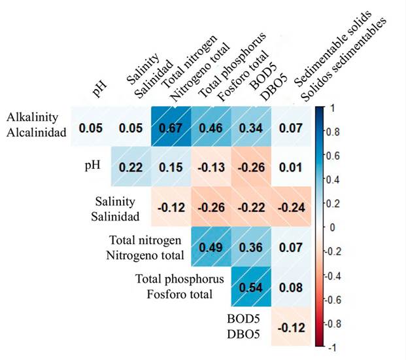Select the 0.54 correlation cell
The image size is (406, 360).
[x=250, y=287]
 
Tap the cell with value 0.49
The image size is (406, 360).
[x=211, y=247]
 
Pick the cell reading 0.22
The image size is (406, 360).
[x=131, y=168]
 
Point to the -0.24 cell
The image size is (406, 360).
[x=289, y=207]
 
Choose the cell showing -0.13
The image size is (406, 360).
[x=211, y=168]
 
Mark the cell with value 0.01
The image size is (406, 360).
[x=289, y=168]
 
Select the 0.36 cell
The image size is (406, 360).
[x=250, y=247]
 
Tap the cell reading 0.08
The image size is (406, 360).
[x=289, y=287]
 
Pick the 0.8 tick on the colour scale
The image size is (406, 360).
[x=332, y=131]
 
